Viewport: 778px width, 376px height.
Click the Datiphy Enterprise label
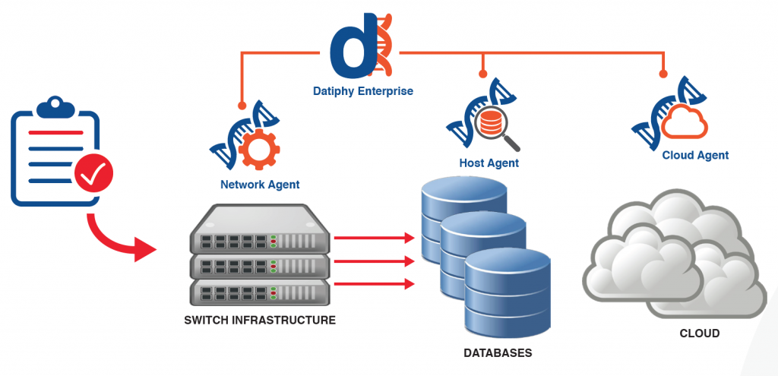(x=362, y=91)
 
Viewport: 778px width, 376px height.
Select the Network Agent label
(x=260, y=184)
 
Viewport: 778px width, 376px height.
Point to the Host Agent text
(x=489, y=163)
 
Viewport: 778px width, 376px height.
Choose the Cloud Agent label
(x=695, y=155)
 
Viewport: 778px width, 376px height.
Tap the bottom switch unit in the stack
(x=259, y=290)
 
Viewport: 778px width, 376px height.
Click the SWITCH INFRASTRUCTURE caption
(x=260, y=321)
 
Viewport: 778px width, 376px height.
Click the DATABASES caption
(x=498, y=353)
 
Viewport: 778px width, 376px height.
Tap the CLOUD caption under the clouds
(x=699, y=333)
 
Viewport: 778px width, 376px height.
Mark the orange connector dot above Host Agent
(x=482, y=73)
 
